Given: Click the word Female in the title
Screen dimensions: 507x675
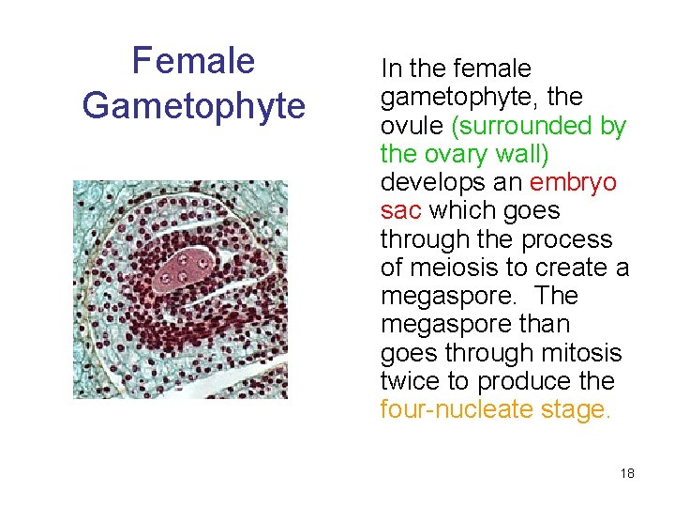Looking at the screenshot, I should click(x=193, y=61).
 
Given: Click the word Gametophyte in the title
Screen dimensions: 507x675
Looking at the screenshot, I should click(x=193, y=105).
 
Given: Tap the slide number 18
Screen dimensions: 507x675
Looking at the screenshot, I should click(x=627, y=473).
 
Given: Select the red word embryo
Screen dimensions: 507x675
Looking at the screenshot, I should click(x=574, y=182).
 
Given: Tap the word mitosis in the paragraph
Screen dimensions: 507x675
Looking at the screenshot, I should click(x=575, y=353).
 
